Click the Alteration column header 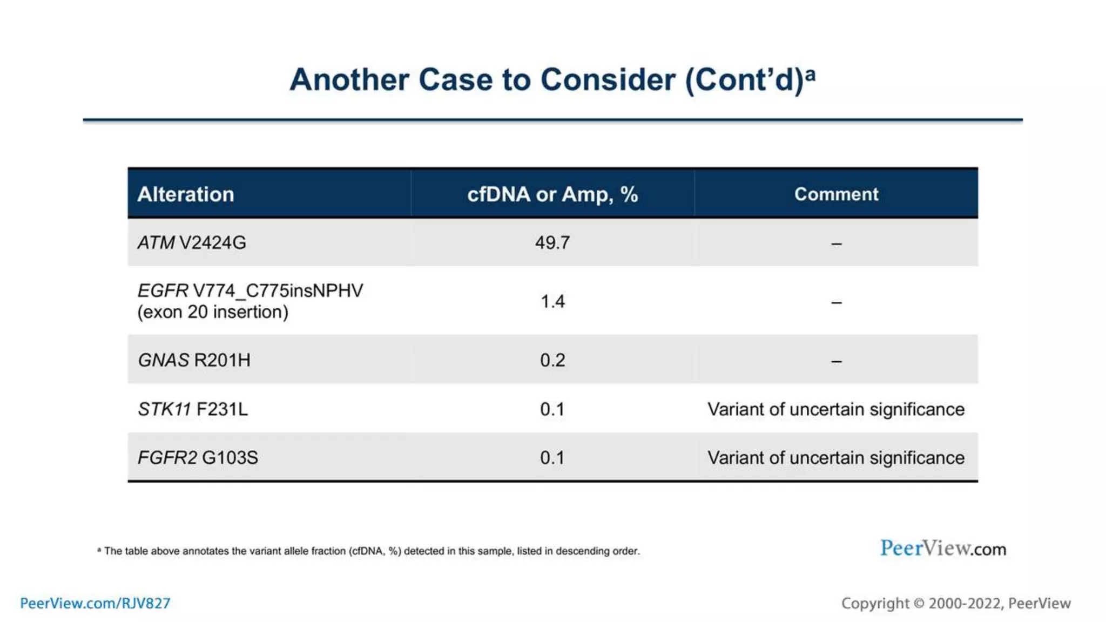186,194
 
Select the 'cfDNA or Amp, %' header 552,194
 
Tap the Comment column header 836,194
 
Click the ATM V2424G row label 192,243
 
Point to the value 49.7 552,243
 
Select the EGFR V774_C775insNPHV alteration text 251,291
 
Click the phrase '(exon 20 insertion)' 213,312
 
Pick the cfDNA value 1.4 552,301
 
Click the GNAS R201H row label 194,360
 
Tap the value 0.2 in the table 552,360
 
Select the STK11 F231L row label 193,409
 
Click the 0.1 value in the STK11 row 552,409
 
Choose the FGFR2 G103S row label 198,458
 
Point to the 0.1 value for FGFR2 552,458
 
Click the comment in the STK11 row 836,409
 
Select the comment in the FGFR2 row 836,458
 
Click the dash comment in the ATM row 836,244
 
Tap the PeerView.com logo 943,549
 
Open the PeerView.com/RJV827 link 95,603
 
